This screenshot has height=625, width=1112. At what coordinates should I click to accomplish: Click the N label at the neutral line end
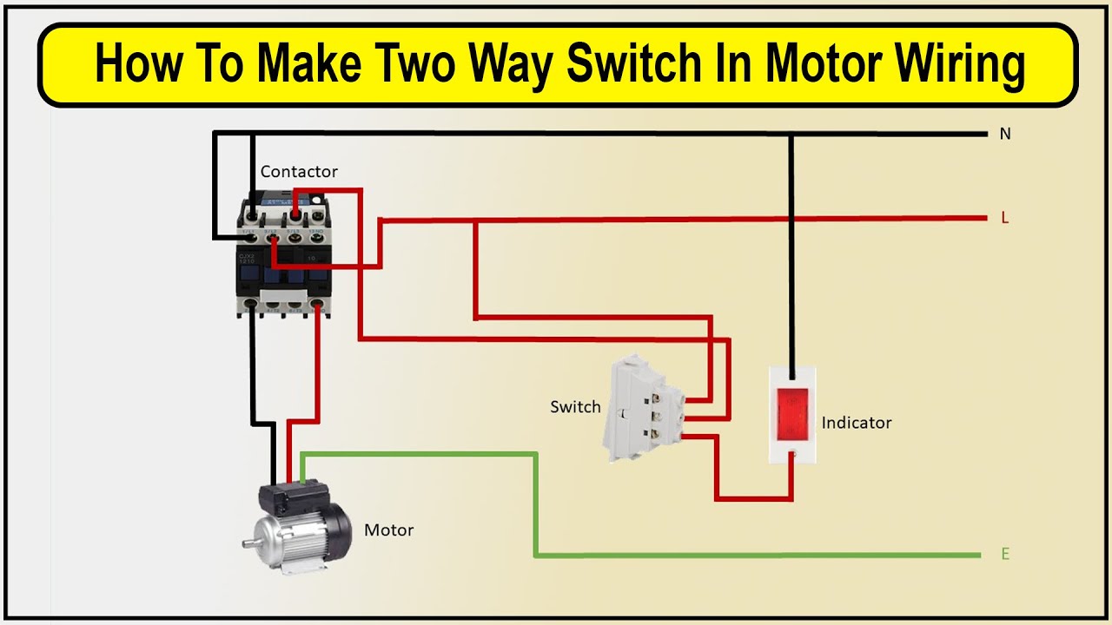[1005, 134]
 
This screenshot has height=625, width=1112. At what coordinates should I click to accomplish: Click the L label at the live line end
[1005, 218]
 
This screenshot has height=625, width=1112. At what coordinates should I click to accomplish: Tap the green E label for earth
[1005, 554]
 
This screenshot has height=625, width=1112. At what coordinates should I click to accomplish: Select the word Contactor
[299, 172]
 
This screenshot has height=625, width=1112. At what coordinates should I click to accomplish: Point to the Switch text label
[575, 406]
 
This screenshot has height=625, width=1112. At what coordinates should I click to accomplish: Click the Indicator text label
[857, 423]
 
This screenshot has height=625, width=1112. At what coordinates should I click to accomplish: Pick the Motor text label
[388, 530]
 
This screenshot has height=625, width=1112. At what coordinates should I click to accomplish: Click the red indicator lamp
[792, 411]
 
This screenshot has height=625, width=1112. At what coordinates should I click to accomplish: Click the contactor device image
[285, 256]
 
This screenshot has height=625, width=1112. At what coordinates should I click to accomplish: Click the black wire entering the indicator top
[791, 260]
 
